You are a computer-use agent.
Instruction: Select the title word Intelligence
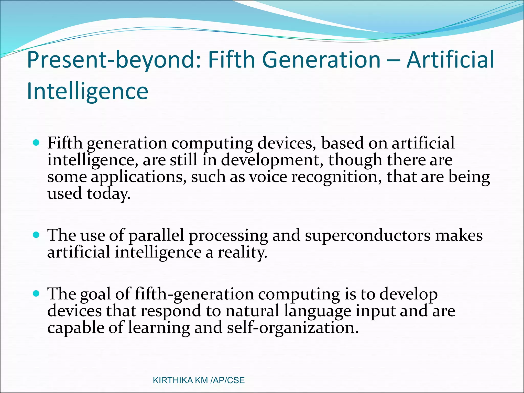pos(88,92)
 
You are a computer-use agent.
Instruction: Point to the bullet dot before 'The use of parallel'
pos(36,235)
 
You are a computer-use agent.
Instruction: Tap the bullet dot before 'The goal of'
pos(36,293)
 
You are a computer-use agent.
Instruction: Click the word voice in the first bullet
pos(268,177)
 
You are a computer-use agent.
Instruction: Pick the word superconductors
pos(368,235)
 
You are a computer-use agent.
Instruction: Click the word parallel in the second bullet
pos(156,235)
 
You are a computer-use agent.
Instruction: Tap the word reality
pos(242,252)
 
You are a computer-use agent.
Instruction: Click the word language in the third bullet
pos(318,311)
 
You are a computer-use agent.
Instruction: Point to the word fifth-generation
pos(194,294)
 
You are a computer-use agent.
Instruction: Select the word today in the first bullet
pos(108,194)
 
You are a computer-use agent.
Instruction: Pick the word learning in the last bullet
pos(159,328)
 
